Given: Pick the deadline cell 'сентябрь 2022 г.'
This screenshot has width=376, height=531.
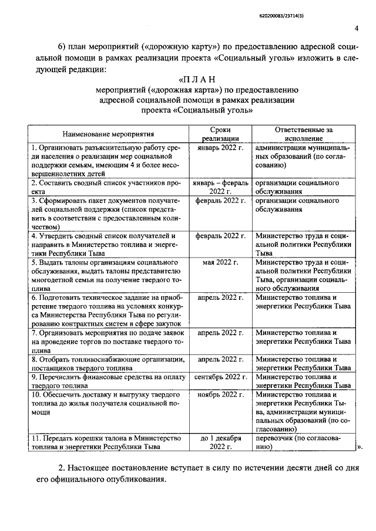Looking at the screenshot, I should click(219, 376).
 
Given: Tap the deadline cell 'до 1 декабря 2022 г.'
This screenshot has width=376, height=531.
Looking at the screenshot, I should click(219, 442).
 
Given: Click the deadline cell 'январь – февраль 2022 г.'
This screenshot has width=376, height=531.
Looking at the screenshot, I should click(219, 187).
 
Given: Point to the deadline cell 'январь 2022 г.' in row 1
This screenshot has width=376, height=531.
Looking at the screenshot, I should click(219, 148).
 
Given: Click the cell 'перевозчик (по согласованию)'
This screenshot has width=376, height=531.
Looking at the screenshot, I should click(303, 442).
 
